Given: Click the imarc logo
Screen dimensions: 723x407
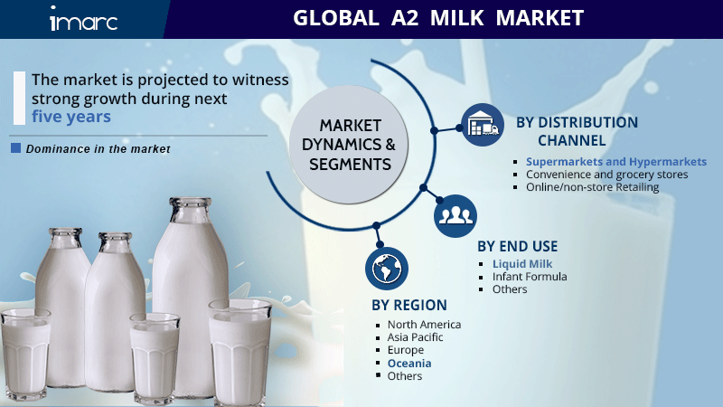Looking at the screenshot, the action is (x=83, y=18).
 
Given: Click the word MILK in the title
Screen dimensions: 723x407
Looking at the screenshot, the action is (x=457, y=18).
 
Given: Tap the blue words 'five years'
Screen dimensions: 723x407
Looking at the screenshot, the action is (x=71, y=117).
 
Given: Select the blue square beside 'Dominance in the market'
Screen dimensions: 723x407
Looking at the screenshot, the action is (x=15, y=147).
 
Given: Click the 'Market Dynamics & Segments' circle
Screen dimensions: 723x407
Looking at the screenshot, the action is (x=349, y=145).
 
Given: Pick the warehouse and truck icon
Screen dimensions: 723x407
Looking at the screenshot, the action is (x=483, y=125).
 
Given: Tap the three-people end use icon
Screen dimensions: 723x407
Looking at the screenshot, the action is (x=455, y=215).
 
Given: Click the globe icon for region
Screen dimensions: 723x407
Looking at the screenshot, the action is (x=387, y=269).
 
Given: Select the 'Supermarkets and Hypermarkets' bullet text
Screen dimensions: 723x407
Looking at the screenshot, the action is (x=616, y=162).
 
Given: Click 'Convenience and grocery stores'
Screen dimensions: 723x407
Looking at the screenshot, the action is (x=606, y=175).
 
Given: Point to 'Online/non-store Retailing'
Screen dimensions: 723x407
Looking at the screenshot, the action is (x=593, y=187).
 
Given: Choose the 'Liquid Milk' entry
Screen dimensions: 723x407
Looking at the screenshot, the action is (x=522, y=264).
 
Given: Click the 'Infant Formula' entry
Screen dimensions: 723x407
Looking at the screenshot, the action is (x=530, y=277).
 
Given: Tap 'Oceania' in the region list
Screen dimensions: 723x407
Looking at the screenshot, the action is (x=409, y=364).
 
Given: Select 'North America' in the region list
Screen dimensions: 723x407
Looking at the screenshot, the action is (x=424, y=325).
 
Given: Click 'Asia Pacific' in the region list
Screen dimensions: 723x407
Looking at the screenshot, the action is (x=415, y=337).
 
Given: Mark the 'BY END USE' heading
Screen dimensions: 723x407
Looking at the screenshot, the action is (x=517, y=246).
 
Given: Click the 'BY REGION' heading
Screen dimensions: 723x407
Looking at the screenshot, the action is (x=409, y=305).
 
